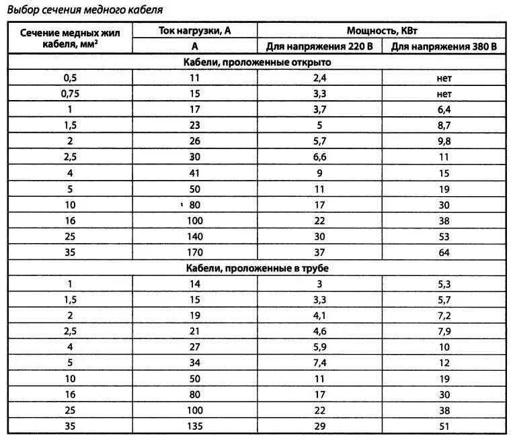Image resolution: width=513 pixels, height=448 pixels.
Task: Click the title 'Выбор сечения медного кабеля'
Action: [x=85, y=11]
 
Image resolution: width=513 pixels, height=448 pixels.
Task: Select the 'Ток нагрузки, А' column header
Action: [x=195, y=31]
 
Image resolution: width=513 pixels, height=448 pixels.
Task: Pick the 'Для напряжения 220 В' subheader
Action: [x=320, y=46]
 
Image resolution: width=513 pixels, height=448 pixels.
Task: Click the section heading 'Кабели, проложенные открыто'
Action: [x=258, y=62]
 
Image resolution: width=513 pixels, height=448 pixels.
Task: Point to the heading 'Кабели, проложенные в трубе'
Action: [x=258, y=268]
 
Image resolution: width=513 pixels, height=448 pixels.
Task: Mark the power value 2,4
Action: [x=320, y=78]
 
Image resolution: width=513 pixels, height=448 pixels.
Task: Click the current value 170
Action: [x=195, y=252]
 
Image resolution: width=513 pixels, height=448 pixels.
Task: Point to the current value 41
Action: [x=195, y=173]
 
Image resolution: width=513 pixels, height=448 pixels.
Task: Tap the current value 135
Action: [x=195, y=426]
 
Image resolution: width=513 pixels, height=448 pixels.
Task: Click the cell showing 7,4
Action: [x=320, y=363]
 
